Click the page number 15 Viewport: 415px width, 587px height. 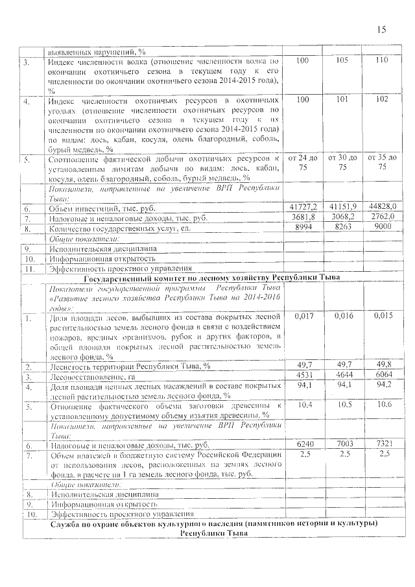click(x=381, y=30)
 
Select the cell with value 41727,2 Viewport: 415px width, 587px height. click(x=302, y=206)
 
